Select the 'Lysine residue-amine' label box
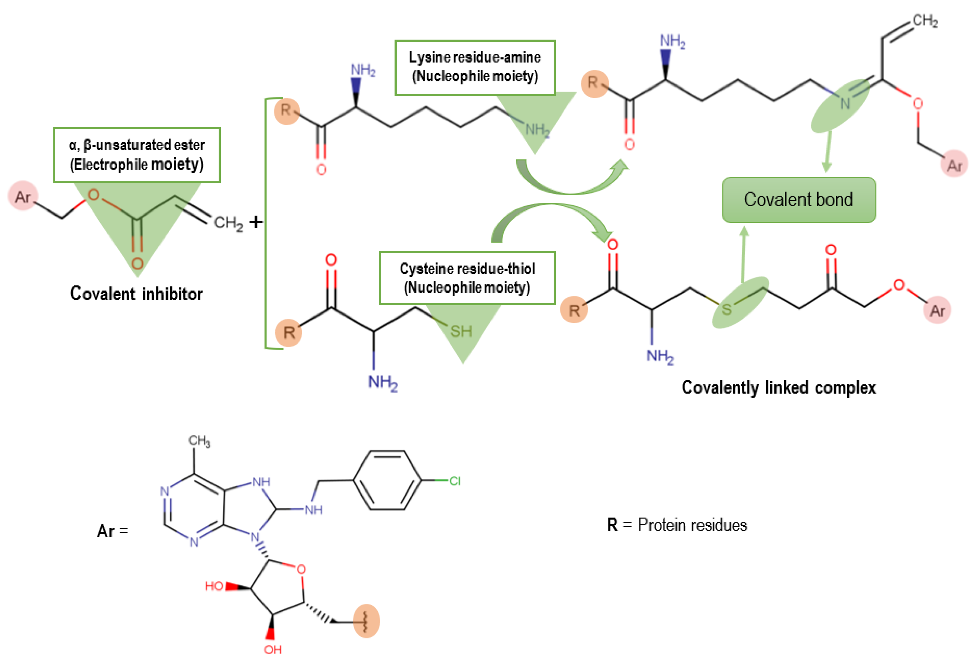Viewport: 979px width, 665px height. pos(475,67)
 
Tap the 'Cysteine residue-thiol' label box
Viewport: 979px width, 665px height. pos(467,278)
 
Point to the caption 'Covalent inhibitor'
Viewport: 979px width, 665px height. pos(136,294)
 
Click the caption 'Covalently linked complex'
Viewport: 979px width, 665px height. pos(778,387)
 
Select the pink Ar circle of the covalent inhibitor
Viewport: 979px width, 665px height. pos(23,196)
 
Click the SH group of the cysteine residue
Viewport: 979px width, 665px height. pos(461,331)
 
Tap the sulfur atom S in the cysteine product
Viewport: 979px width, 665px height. pos(726,310)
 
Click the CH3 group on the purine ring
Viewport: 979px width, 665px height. pos(199,441)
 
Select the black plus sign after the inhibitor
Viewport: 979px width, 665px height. pos(256,222)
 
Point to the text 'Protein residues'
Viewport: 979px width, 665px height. pos(692,525)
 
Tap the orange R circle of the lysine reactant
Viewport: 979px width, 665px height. pos(287,111)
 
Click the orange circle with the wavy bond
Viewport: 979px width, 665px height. pos(366,621)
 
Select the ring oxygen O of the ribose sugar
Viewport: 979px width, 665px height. pos(301,569)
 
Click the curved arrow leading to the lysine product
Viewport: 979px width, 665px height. pos(569,181)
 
